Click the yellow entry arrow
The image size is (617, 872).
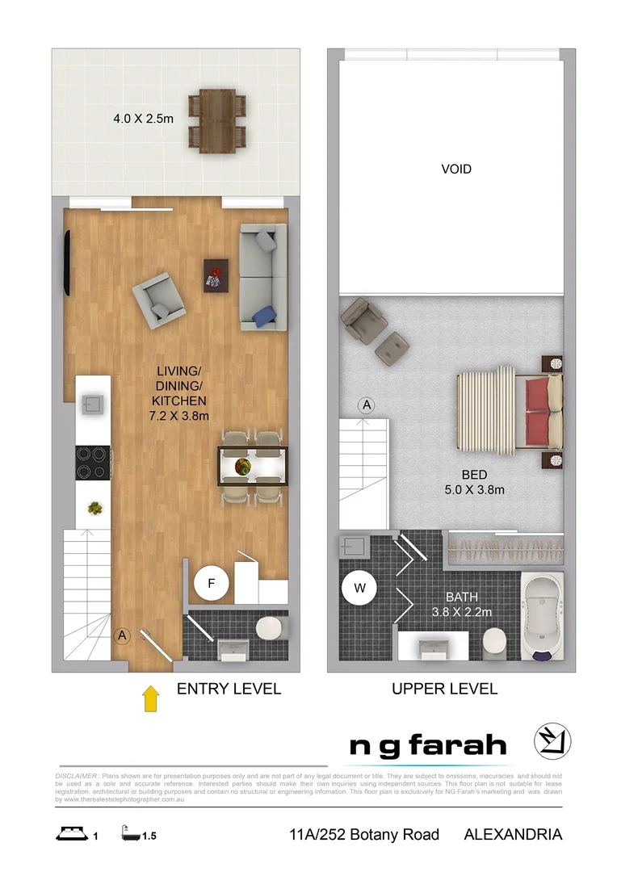pos(150,698)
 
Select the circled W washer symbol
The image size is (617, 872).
pos(359,589)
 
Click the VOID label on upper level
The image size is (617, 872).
pos(455,170)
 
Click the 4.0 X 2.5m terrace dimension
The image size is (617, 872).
pos(143,119)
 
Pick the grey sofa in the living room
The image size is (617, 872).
pos(263,277)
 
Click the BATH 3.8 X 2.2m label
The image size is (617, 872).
pos(462,604)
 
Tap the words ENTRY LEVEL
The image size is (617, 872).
pos(229,689)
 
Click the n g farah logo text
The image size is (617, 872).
pos(427,746)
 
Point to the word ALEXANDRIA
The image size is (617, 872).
pos(513,834)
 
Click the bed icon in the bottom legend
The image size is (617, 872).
pos(71,834)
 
